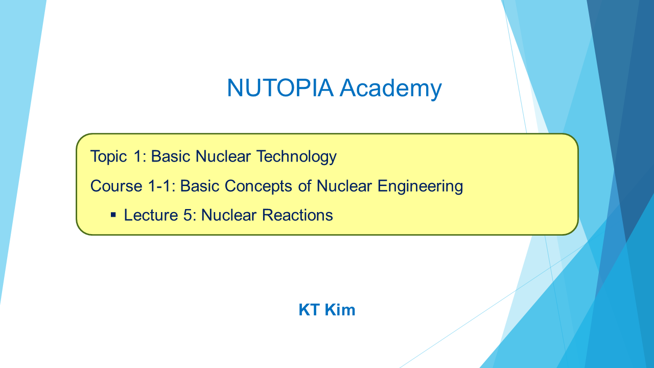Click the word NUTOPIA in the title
(x=280, y=87)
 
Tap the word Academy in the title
(x=391, y=89)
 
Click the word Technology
(x=296, y=157)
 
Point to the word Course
(x=116, y=186)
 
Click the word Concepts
(x=259, y=187)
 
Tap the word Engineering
(x=420, y=187)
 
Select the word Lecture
(x=151, y=215)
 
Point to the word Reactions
(x=297, y=215)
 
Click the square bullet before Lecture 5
(x=113, y=215)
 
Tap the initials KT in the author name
(x=309, y=310)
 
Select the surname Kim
(x=340, y=310)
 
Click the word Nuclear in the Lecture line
(x=228, y=215)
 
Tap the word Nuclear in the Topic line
(x=223, y=156)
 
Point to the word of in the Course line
(x=305, y=186)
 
